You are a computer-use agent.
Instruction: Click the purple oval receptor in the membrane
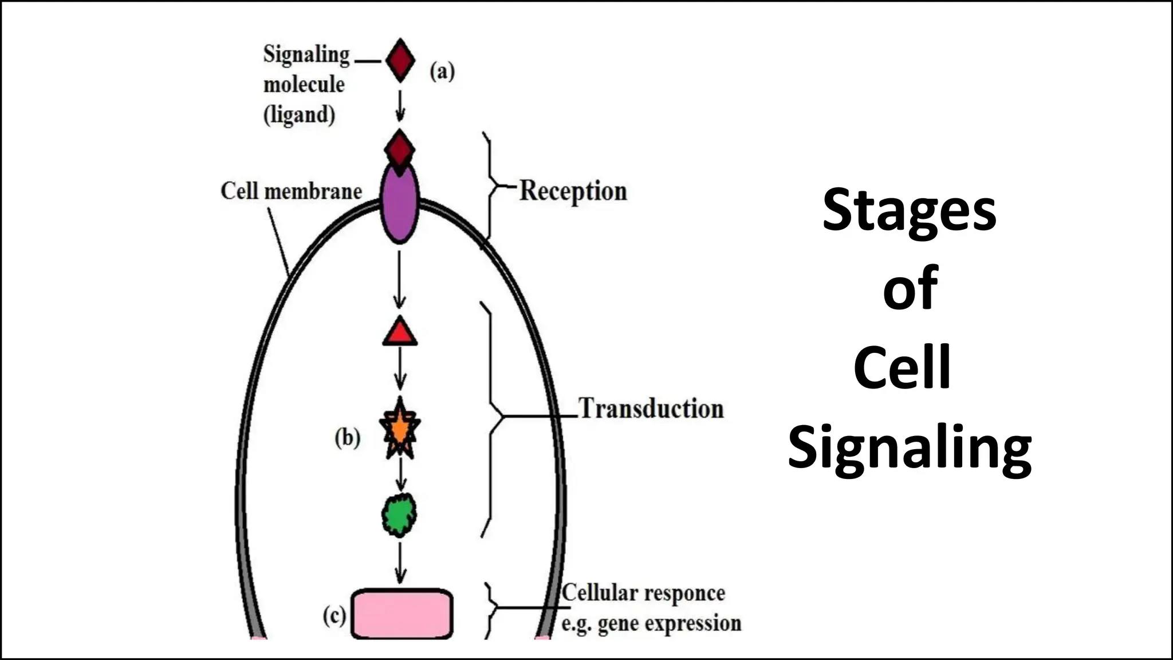tap(400, 206)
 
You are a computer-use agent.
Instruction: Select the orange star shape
tap(400, 429)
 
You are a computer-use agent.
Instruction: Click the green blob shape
tap(399, 515)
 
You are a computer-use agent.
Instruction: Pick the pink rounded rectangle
tap(402, 614)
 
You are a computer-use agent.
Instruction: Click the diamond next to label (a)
tap(400, 60)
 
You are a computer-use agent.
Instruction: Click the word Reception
tap(573, 191)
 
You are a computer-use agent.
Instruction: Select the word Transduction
tap(651, 409)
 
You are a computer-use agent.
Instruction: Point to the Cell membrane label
tap(291, 191)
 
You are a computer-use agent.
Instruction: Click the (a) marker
tap(442, 72)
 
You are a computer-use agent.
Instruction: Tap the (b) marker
tap(348, 438)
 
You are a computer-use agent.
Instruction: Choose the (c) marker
tap(334, 616)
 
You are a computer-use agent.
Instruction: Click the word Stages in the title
tap(909, 211)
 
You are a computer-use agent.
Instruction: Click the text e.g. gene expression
tap(651, 623)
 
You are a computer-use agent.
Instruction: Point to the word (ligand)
tap(299, 114)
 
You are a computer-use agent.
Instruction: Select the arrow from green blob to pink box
tap(400, 563)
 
